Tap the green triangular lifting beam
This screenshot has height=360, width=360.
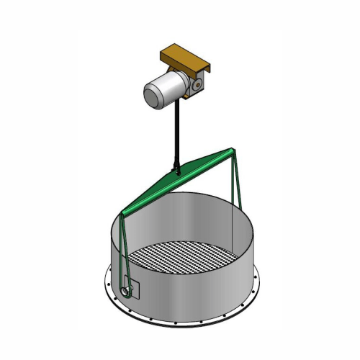click(180, 180)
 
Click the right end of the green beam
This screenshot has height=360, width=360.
click(230, 151)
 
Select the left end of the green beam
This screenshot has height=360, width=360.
click(123, 213)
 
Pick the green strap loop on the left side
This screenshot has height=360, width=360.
click(123, 252)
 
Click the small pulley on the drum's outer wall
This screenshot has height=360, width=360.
click(127, 291)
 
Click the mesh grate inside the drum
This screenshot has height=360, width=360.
click(184, 256)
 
